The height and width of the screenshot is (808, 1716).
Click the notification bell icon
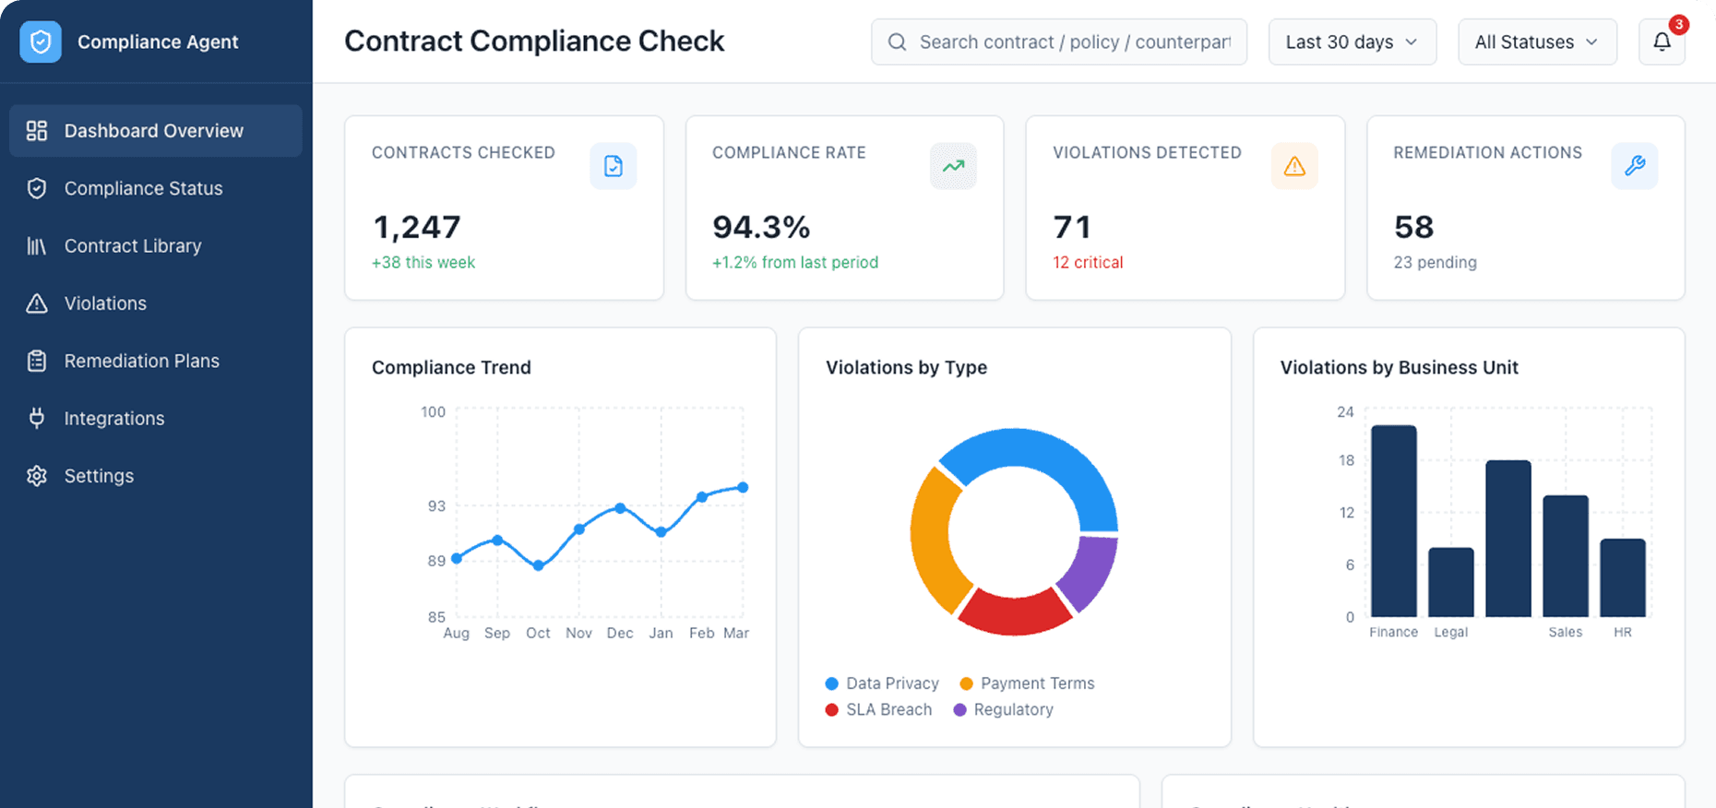(1662, 42)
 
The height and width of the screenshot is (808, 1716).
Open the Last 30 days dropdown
(1352, 42)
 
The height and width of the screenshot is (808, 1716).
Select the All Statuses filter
(1536, 42)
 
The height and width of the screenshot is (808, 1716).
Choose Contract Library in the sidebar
(132, 246)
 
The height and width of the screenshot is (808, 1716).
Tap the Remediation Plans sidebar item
(141, 362)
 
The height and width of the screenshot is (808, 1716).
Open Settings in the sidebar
(99, 476)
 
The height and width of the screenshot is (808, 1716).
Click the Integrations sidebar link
(113, 419)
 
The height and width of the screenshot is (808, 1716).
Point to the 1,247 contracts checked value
(416, 227)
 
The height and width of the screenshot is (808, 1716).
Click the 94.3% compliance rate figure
(761, 227)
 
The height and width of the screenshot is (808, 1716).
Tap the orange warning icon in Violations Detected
(1294, 166)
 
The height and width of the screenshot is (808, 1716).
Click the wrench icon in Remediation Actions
(1634, 166)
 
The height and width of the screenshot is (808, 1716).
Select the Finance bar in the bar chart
(1393, 521)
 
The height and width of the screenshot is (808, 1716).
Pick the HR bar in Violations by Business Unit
(1622, 577)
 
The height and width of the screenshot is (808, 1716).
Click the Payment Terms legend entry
(1027, 683)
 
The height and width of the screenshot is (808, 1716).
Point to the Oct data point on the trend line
(538, 565)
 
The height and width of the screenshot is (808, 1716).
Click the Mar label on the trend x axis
(736, 634)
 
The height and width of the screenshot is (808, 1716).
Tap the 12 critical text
(1088, 263)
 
